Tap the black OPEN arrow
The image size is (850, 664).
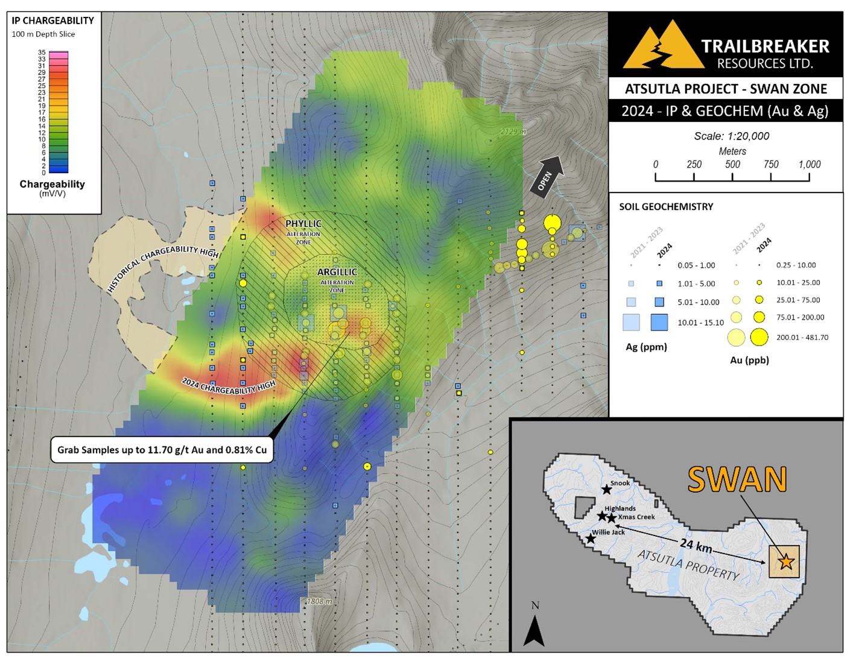pos(548,175)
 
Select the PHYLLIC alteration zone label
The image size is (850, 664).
pos(303,224)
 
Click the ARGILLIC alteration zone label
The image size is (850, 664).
pos(337,273)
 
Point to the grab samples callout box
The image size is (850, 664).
pos(162,450)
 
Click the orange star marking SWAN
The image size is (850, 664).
pos(785,562)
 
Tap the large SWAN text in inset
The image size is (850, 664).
pos(737,480)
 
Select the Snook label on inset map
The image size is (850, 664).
pos(620,483)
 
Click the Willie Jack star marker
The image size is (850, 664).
pos(591,539)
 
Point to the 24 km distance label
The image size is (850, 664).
pos(696,545)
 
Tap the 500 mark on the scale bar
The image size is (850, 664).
pos(732,165)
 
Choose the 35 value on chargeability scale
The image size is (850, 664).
pos(42,53)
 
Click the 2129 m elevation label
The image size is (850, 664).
pos(513,131)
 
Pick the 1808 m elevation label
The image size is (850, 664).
pos(319,601)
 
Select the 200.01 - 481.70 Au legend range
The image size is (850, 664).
pos(802,338)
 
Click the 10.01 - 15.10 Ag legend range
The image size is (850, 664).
pos(700,323)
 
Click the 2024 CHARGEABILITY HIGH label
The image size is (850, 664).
pos(229,387)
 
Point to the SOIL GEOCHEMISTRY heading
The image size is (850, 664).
pos(666,207)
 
